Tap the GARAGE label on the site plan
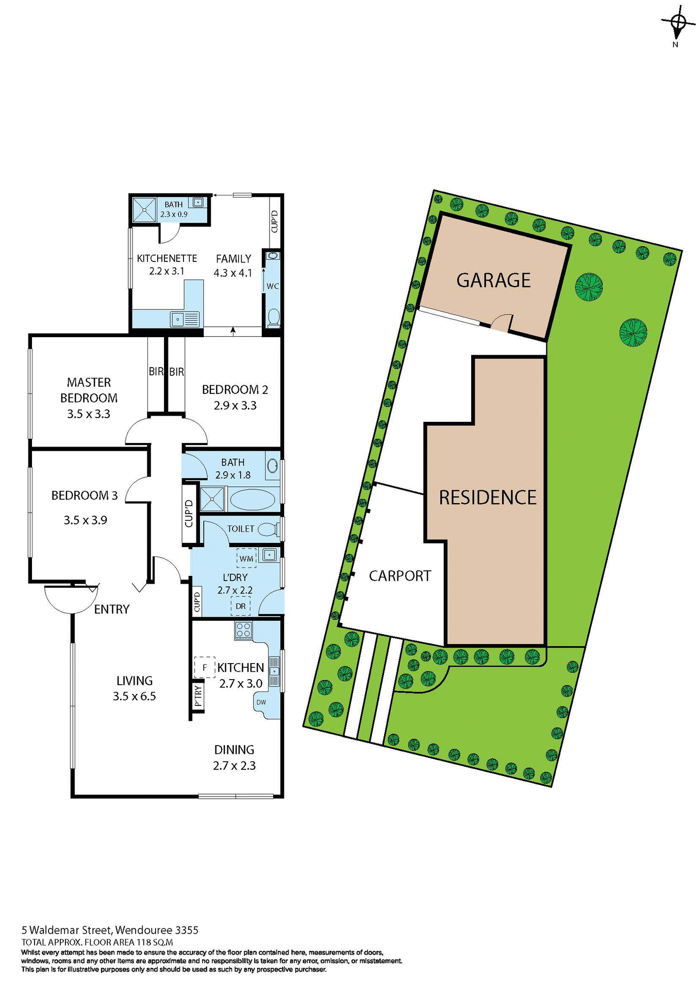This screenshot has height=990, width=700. (x=493, y=280)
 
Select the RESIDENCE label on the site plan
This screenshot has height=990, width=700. (x=487, y=498)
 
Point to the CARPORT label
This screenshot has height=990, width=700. (x=399, y=576)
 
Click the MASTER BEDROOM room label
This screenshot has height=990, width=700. (x=89, y=390)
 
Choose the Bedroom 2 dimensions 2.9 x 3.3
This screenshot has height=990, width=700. (x=235, y=406)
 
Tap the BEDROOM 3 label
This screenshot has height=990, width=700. (x=85, y=496)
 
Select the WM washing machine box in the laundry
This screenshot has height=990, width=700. (x=246, y=558)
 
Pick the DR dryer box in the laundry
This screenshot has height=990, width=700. (x=241, y=606)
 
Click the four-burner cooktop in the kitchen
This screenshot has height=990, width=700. (x=243, y=630)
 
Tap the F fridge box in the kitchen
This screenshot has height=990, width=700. (x=205, y=668)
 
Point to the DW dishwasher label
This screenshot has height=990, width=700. (x=261, y=702)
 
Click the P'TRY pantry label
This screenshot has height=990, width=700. (x=198, y=696)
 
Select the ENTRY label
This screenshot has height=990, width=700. (x=111, y=609)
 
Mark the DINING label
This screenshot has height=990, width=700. (x=234, y=750)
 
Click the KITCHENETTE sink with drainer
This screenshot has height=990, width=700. (x=185, y=320)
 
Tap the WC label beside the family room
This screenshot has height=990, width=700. (x=272, y=286)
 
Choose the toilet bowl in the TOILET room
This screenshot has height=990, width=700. (x=266, y=529)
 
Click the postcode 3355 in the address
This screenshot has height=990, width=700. (x=187, y=930)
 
